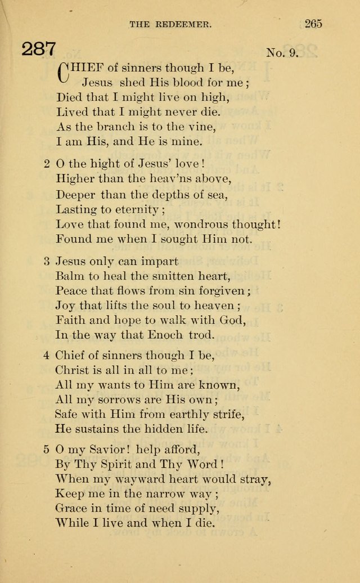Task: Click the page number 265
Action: tap(313, 24)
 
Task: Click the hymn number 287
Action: tap(39, 50)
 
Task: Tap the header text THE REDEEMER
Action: tap(170, 24)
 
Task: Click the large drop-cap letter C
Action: tap(63, 71)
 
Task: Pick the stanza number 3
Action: tap(47, 261)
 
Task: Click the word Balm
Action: tap(70, 276)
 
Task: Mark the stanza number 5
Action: tap(47, 450)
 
